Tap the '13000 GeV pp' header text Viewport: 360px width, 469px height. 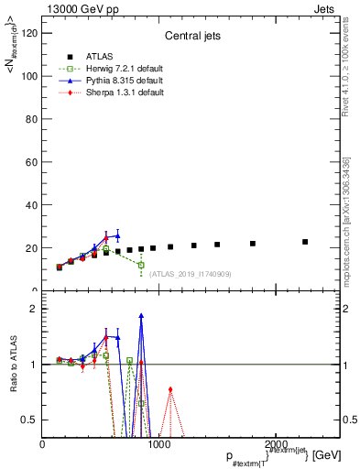[x=78, y=7]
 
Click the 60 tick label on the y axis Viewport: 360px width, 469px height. [x=32, y=162]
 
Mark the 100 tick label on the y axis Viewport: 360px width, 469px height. [x=29, y=76]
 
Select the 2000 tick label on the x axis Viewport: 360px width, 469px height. [x=276, y=444]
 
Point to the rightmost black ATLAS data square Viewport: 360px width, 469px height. [x=305, y=242]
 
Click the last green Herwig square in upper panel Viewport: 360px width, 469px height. [x=141, y=265]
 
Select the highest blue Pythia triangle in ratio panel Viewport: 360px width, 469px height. [x=141, y=316]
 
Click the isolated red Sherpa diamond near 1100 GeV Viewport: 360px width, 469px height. [x=170, y=389]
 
